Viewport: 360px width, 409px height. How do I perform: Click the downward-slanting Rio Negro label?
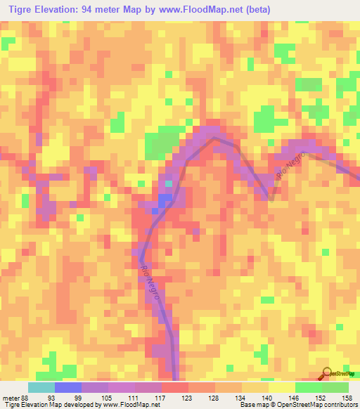(150, 283)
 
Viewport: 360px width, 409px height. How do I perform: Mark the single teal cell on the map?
(169, 184)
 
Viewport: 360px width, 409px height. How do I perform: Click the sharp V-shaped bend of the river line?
(272, 199)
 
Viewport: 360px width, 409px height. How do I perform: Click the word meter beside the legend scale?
(8, 397)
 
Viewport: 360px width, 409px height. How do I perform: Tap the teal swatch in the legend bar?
(41, 387)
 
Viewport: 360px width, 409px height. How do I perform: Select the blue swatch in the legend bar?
(67, 387)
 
